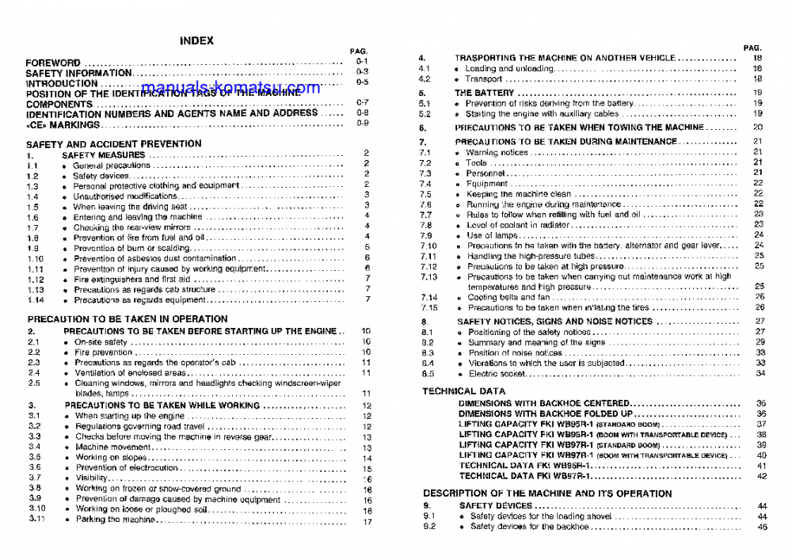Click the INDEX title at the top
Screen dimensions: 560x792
tap(196, 41)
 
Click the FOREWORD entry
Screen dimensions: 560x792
tap(53, 62)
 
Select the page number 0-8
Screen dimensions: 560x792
tap(362, 113)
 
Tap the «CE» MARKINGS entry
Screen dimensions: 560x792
tap(63, 124)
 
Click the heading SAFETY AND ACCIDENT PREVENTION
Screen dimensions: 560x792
tap(113, 144)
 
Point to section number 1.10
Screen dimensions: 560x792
tap(36, 258)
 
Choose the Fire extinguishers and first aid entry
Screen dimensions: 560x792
tap(131, 279)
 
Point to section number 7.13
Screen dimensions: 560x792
tap(428, 277)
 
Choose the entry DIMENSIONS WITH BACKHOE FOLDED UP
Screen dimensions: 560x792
tap(546, 413)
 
